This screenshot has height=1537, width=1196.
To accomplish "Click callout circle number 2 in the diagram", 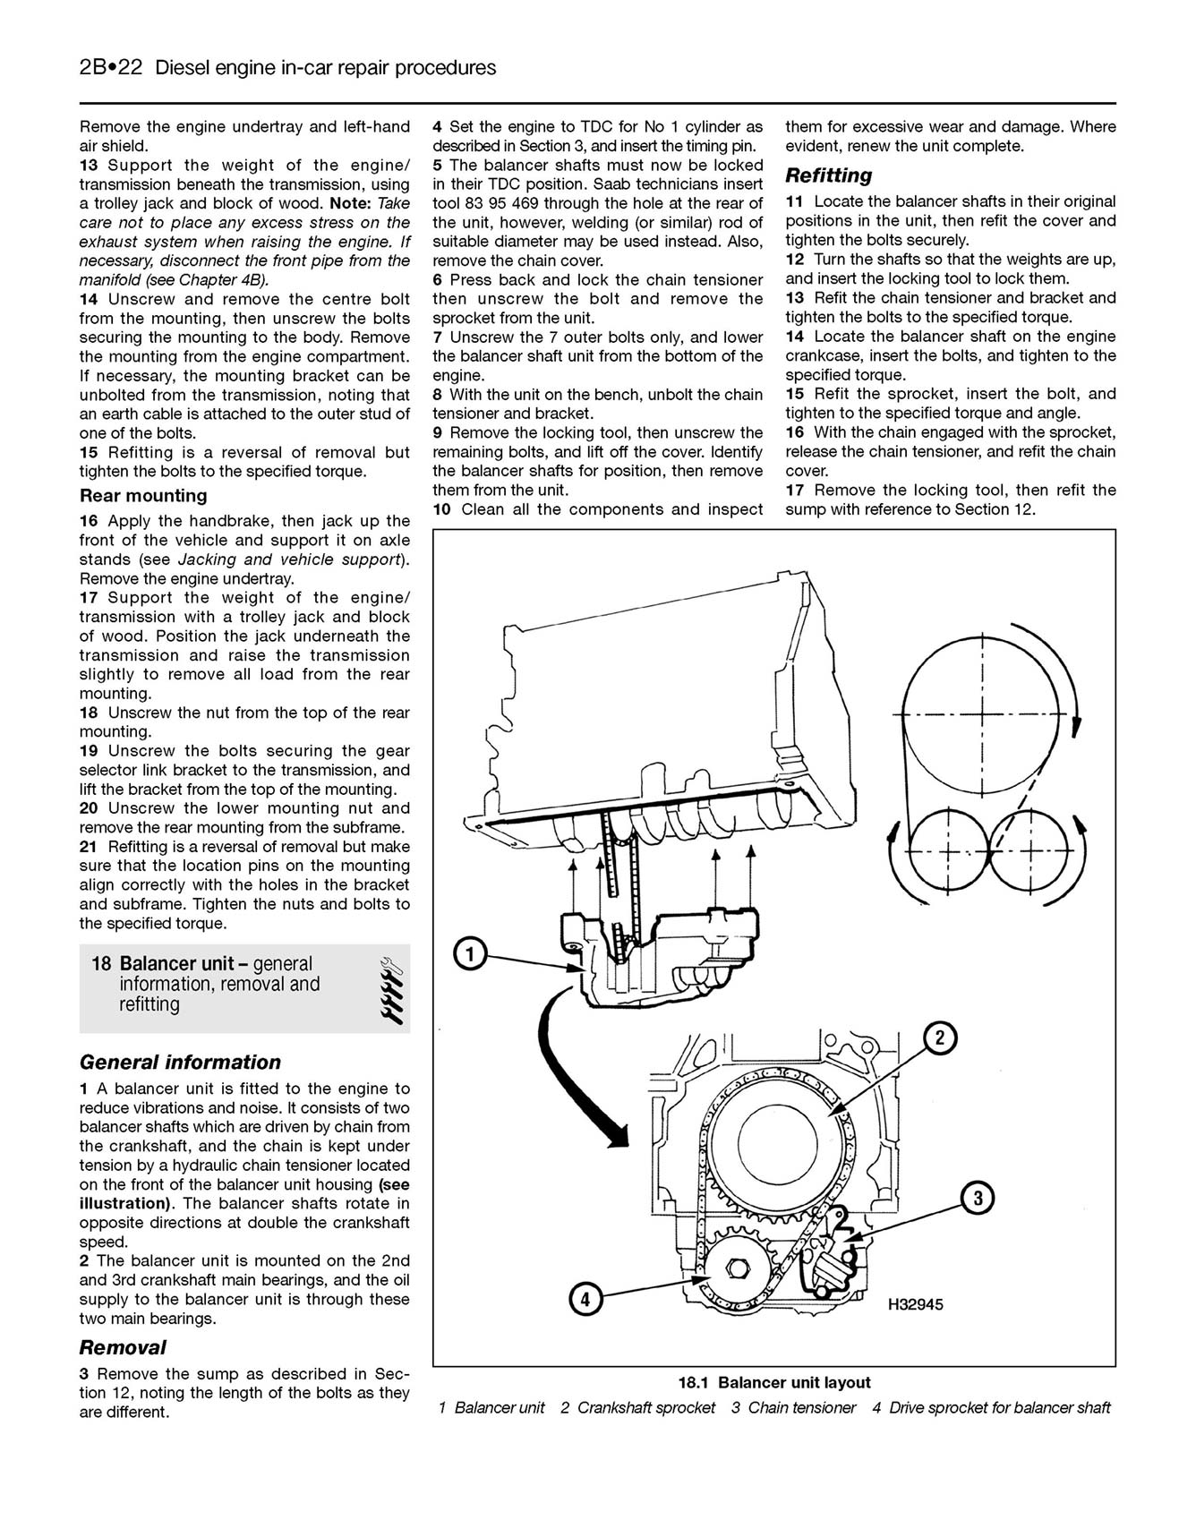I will coord(940,1038).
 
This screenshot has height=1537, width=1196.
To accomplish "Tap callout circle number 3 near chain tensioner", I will coord(978,1198).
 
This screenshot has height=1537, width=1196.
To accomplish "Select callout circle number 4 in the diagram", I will coord(584,1299).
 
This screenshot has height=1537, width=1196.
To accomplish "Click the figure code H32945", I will coord(915,1305).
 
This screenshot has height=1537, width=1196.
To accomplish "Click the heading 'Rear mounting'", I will coord(143,496).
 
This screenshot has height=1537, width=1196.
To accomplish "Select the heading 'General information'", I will coord(180,1063).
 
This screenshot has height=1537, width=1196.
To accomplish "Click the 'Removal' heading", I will coord(123,1347).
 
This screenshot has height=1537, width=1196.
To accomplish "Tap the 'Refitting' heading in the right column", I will coord(828,175).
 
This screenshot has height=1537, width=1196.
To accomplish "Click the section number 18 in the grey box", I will coord(101,964).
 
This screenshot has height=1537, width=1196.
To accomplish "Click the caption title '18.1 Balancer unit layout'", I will coord(773,1382).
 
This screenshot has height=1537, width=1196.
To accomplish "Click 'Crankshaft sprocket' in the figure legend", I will coord(645,1408).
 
